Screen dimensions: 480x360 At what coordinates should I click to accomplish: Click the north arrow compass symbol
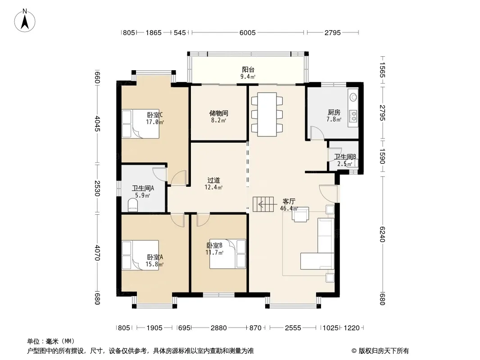[x=25, y=20]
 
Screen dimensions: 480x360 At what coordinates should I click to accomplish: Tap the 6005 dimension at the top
[x=247, y=33]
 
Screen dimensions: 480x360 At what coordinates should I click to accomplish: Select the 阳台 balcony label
[x=248, y=70]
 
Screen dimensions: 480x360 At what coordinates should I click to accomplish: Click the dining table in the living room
[x=267, y=114]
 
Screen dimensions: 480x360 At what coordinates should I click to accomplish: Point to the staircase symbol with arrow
[x=263, y=204]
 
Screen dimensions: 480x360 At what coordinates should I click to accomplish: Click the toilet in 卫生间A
[x=133, y=205]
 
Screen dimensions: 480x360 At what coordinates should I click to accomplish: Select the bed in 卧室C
[x=140, y=124]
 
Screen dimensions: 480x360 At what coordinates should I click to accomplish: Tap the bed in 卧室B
[x=228, y=254]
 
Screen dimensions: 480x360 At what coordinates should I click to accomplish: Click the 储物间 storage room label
[x=218, y=113]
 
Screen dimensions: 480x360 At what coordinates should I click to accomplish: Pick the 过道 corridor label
[x=213, y=180]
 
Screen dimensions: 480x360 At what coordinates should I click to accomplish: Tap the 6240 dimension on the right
[x=382, y=234]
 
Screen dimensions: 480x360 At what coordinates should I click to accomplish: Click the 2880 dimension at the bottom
[x=218, y=328]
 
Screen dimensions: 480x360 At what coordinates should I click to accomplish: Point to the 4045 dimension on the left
[x=97, y=124]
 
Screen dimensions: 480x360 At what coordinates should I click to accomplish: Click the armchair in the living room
[x=300, y=214]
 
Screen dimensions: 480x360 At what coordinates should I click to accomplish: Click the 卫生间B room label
[x=345, y=157]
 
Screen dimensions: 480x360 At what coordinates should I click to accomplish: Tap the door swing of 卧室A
[x=177, y=220]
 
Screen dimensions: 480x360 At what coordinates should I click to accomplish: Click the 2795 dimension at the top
[x=333, y=33]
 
